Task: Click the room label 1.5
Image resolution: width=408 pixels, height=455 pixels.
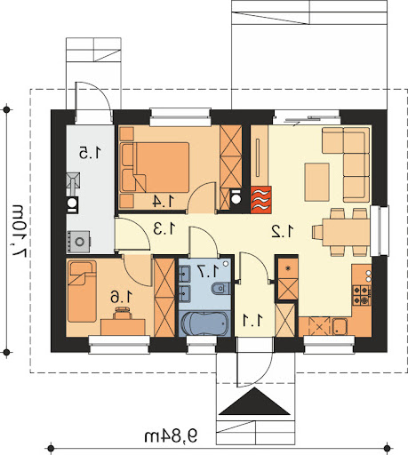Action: (90, 153)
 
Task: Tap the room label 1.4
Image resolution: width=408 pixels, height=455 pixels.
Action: (164, 202)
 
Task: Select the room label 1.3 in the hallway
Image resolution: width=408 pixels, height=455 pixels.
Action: (164, 228)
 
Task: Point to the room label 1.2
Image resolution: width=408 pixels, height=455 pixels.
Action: (283, 231)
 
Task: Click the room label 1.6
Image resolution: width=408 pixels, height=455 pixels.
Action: (122, 297)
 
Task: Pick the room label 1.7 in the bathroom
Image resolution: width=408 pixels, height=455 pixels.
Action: (209, 271)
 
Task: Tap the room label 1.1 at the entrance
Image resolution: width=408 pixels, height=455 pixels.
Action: (252, 320)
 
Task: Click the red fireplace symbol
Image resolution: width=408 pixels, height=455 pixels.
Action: (261, 200)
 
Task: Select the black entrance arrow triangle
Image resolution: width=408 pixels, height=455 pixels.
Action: (254, 402)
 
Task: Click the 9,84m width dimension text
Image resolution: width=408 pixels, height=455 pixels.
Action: (171, 436)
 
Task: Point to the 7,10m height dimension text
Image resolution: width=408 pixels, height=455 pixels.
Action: (20, 230)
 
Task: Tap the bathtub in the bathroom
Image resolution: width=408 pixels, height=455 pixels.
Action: (204, 323)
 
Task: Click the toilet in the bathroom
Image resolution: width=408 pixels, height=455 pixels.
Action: (221, 288)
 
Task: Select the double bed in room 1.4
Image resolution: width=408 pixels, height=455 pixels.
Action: (155, 167)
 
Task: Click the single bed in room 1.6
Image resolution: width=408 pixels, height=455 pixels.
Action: (82, 291)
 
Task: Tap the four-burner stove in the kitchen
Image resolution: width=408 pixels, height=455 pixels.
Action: (362, 295)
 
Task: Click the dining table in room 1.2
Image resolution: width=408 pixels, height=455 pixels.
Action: (346, 232)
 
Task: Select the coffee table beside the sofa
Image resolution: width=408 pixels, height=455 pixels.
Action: (317, 182)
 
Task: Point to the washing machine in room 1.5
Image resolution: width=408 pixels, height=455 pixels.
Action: (79, 242)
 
